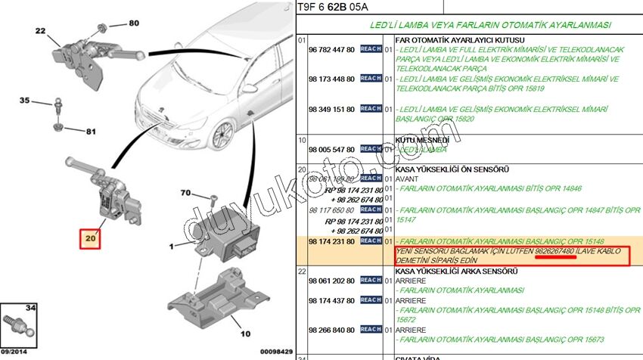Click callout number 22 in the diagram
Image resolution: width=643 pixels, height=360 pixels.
coord(40,31)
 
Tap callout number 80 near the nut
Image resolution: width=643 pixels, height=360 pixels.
coord(134,23)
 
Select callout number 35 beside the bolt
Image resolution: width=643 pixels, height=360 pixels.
coord(25,101)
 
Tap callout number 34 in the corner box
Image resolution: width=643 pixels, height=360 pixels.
coord(30,307)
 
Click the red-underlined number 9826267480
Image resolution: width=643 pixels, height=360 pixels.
coord(555,250)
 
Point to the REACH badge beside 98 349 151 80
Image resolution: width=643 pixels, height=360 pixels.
coord(371,109)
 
